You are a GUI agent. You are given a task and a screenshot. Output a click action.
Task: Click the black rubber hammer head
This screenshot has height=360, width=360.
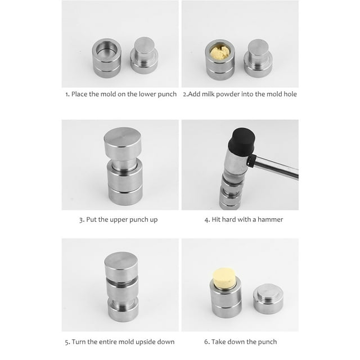pos(242,141)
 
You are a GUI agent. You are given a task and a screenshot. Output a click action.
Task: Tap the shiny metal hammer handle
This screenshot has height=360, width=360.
pos(276,167)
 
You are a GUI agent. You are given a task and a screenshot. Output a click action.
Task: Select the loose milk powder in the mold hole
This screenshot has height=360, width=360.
pos(220,52)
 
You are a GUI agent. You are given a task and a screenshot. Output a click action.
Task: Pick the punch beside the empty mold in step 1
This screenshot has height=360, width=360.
pos(144,56)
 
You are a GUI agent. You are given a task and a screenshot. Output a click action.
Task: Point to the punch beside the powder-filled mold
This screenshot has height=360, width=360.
pos(258,58)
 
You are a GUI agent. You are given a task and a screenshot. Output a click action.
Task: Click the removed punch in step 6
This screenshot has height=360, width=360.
pos(268,299)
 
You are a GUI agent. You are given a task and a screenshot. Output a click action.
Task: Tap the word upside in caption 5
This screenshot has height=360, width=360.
pos(145,342)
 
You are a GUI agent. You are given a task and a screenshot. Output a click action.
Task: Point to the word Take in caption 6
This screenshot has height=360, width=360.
pos(218,342)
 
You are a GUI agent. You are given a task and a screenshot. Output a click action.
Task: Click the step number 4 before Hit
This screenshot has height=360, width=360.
pos(206,220)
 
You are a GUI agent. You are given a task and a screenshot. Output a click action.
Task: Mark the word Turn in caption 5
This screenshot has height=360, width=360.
pos(79,342)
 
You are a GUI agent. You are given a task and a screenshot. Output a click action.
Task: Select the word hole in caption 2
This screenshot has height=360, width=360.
pos(290,94)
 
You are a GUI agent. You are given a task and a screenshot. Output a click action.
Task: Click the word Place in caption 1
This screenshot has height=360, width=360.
pos(79,94)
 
